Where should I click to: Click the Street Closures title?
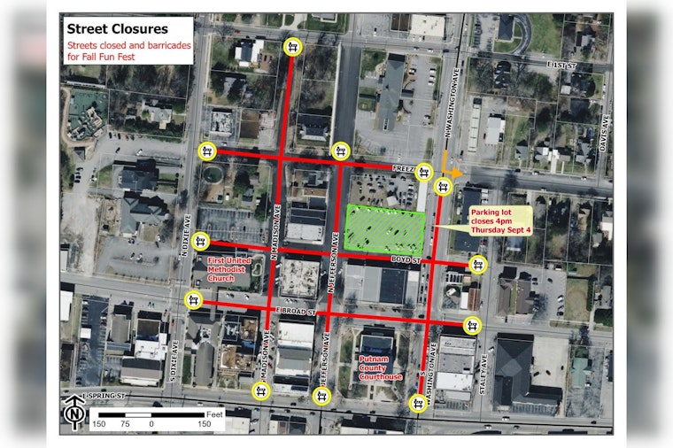(x=118, y=29)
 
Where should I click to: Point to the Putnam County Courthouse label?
(x=382, y=367)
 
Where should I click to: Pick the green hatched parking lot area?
(x=383, y=227)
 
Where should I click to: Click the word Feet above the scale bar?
(x=214, y=413)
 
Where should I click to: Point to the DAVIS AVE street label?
(x=607, y=135)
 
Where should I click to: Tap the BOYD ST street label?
(x=405, y=259)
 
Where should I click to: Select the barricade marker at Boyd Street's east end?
(x=478, y=264)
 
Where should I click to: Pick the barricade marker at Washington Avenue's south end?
(x=417, y=403)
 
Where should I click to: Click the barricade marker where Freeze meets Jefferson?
(x=339, y=151)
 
